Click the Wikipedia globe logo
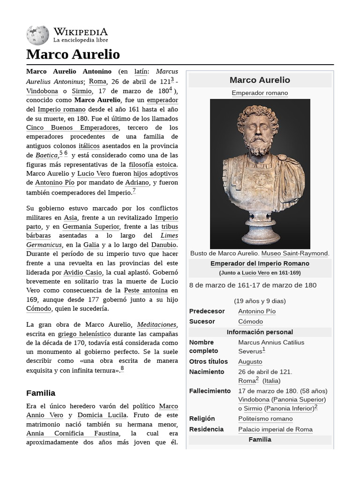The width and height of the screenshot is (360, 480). coord(37,36)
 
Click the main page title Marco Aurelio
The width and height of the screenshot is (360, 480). coord(73,54)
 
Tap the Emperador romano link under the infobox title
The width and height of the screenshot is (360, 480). coord(260,93)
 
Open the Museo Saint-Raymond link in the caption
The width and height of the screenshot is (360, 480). coord(295,253)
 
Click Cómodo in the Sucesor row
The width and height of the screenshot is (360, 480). coord(250,322)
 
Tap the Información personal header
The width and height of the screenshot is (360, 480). coord(260,332)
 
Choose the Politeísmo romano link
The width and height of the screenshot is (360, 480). coord(265,419)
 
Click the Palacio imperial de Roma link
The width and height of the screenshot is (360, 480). coord(275,429)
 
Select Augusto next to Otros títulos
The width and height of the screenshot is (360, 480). coord(250,361)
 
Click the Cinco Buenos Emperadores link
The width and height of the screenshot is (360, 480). coord(73,127)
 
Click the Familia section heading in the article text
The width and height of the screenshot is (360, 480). coord(41,393)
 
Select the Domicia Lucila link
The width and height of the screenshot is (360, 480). coord(102,415)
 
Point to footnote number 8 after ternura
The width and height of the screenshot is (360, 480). coord(122,368)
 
